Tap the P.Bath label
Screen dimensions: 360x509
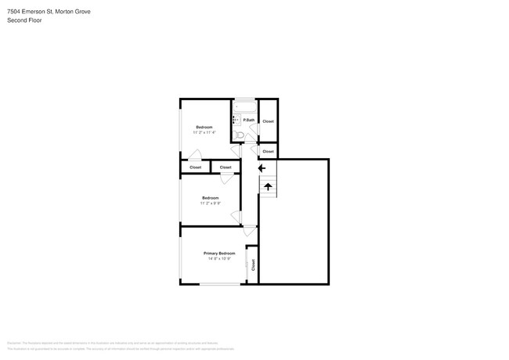pyautogui.click(x=248, y=120)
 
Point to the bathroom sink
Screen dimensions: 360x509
pyautogui.click(x=235, y=120)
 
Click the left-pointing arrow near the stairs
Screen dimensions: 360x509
pyautogui.click(x=262, y=167)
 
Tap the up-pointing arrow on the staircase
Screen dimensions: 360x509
pyautogui.click(x=268, y=186)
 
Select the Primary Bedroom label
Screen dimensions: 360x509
pyautogui.click(x=219, y=254)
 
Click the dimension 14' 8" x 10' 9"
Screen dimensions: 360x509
pyautogui.click(x=219, y=259)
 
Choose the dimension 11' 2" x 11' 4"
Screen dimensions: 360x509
pyautogui.click(x=204, y=132)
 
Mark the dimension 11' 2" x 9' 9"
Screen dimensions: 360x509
pyautogui.click(x=210, y=203)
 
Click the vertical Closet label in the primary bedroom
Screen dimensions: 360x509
pyautogui.click(x=253, y=265)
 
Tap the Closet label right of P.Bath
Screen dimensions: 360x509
pyautogui.click(x=268, y=121)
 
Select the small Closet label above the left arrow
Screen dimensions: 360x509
pyautogui.click(x=268, y=151)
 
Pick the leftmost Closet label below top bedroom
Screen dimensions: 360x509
pyautogui.click(x=195, y=167)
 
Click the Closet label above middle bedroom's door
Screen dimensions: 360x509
pyautogui.click(x=226, y=167)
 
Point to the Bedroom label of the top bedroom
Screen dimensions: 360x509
pyautogui.click(x=204, y=127)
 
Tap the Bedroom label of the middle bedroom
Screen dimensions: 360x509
pyautogui.click(x=210, y=198)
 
